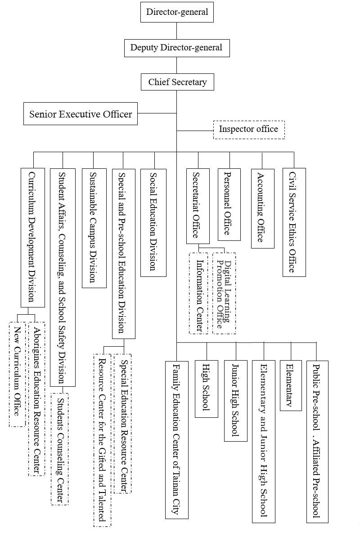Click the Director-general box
[176, 12]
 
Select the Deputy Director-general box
[176, 48]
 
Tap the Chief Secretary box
[177, 82]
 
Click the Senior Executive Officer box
[81, 114]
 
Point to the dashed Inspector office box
[248, 130]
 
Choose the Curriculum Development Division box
[33, 237]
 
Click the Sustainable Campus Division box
[94, 227]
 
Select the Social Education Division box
[153, 222]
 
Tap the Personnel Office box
[229, 204]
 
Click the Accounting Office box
[262, 208]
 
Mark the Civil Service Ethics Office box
[294, 222]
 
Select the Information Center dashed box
[198, 293]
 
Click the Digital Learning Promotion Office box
[224, 293]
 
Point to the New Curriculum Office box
[17, 374]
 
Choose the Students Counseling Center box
[59, 449]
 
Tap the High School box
[206, 389]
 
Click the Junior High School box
[235, 401]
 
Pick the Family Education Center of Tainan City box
[176, 439]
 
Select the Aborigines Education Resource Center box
[36, 399]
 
